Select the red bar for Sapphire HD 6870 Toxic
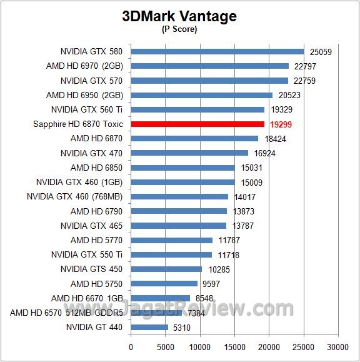coord(197,124)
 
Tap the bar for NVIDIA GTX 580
coord(217,52)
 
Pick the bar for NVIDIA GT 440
coord(149,327)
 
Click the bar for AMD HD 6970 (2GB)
coord(210,66)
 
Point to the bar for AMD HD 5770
coord(172,240)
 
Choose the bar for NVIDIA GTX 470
coord(189,153)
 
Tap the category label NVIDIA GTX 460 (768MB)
coord(75,196)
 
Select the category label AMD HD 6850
coord(97,168)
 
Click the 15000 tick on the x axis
coord(234,346)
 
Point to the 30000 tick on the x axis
coord(338,346)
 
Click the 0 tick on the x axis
coord(131,346)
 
